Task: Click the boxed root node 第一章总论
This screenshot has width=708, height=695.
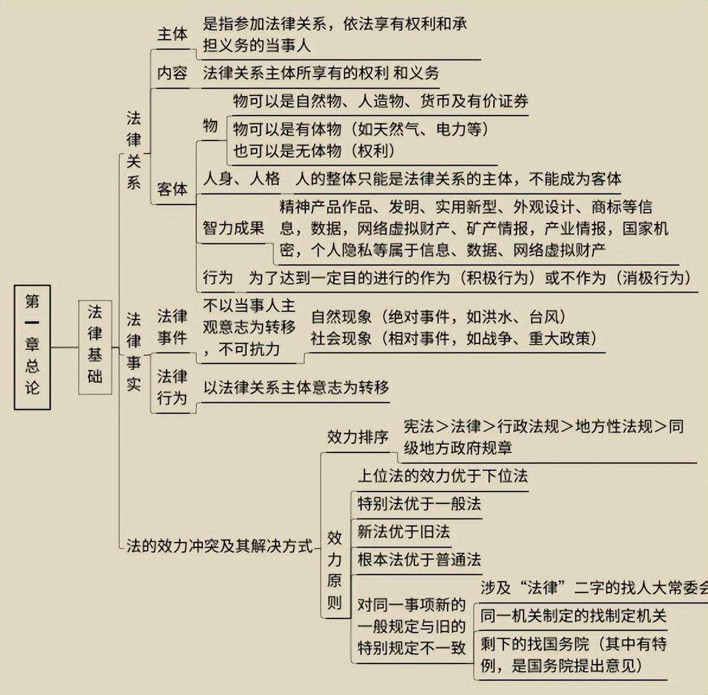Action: (x=32, y=347)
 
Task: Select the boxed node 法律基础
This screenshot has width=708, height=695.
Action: (x=95, y=347)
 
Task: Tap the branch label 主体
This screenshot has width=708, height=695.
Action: (x=172, y=34)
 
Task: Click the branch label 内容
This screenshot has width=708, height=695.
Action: (x=172, y=74)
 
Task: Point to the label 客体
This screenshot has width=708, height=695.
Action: (x=172, y=189)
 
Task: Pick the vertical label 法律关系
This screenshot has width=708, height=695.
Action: (x=133, y=150)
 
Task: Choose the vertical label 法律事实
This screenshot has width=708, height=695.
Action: (x=133, y=352)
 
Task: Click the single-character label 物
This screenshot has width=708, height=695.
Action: (x=211, y=125)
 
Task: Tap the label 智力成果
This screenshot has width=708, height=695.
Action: (x=234, y=228)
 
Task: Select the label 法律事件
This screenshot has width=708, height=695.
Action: (x=172, y=327)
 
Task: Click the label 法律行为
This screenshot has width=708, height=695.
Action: (x=172, y=387)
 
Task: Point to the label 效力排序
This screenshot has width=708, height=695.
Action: (x=358, y=438)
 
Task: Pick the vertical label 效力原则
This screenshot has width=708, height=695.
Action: (x=334, y=570)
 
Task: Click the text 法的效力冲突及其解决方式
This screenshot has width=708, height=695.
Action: (x=219, y=546)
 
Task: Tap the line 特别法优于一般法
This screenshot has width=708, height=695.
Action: (x=419, y=504)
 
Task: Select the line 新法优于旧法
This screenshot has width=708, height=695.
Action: (x=403, y=532)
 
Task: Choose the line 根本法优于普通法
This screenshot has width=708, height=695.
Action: (x=419, y=559)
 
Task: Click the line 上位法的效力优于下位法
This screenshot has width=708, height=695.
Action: (x=442, y=476)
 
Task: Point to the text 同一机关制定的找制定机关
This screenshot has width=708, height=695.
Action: (x=573, y=616)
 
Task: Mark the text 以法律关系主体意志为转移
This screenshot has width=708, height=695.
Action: (x=296, y=388)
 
